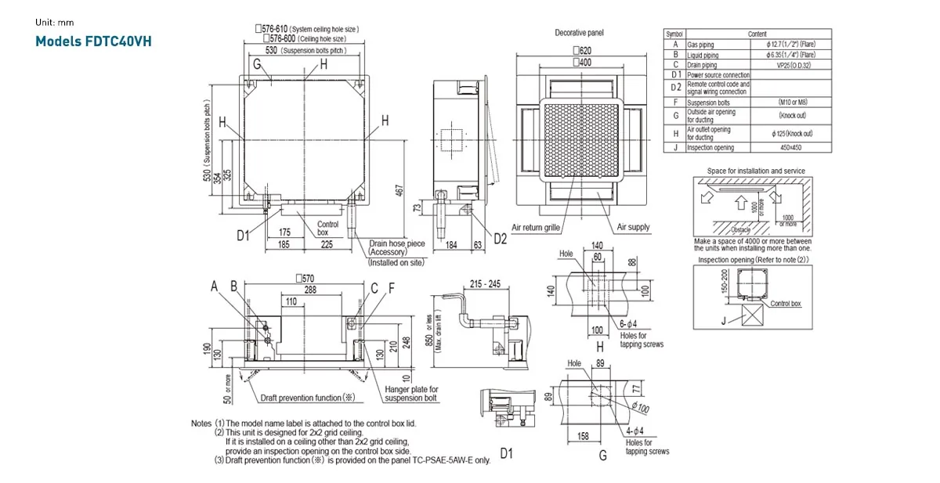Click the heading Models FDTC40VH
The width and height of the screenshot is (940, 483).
coord(93,40)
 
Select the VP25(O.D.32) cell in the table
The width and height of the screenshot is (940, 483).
coord(792,65)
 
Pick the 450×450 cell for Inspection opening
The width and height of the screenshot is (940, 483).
coord(792,147)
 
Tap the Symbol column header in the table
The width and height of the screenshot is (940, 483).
coord(674,34)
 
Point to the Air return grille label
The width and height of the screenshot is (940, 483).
coord(536,227)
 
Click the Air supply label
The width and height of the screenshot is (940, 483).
coord(633,227)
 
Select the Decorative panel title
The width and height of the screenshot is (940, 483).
coord(579,33)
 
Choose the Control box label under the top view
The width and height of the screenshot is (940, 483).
coord(327,229)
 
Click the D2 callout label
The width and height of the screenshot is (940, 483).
coord(500,239)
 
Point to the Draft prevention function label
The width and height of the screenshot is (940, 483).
coord(309,398)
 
